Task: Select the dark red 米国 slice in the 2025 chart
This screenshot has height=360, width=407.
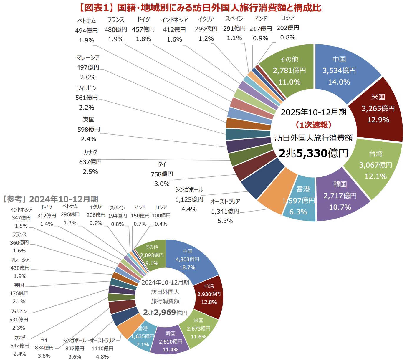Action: [378, 108]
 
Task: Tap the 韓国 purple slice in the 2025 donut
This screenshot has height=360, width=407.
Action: [340, 196]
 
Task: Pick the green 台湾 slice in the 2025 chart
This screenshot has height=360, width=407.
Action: [375, 165]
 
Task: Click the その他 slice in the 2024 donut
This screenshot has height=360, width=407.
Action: [152, 255]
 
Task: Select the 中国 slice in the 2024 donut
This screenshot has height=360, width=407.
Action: [188, 259]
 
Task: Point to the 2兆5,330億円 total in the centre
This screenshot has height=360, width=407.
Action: [313, 153]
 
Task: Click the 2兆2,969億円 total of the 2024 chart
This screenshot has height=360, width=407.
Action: [165, 312]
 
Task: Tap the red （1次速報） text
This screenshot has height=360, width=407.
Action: [313, 125]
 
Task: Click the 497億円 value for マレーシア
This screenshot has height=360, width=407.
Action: [88, 67]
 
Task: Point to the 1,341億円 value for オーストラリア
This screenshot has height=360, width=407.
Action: [225, 211]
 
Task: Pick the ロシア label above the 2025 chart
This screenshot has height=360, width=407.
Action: [288, 18]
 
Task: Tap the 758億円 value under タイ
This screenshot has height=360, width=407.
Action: [162, 174]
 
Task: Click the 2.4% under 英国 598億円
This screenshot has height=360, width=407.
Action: [89, 139]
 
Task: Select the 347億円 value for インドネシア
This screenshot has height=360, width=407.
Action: [21, 218]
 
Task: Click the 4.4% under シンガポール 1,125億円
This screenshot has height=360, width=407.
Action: [189, 209]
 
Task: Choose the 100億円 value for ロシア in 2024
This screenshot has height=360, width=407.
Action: [161, 216]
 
